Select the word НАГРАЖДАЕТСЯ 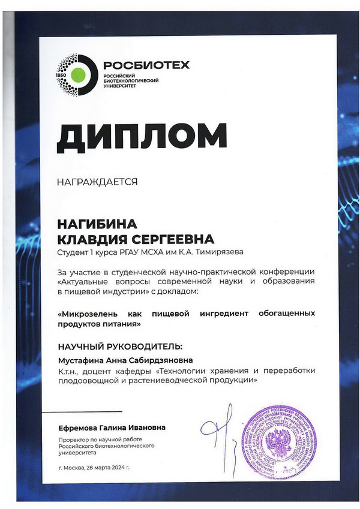97,180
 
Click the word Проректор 74,439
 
